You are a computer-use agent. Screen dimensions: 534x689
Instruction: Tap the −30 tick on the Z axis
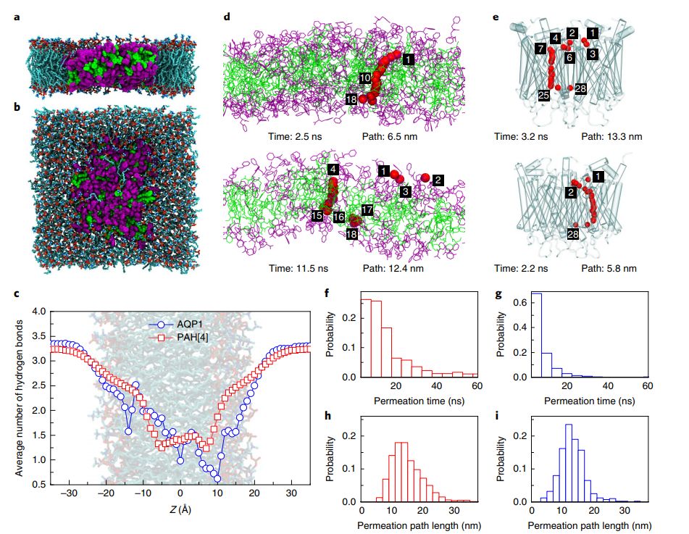(x=70, y=495)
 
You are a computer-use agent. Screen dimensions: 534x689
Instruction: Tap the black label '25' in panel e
(x=543, y=95)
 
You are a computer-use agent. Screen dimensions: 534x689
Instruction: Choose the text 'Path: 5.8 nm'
(x=609, y=268)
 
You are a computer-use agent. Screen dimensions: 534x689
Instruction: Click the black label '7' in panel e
(x=540, y=49)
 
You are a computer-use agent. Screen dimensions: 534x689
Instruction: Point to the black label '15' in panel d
(x=317, y=216)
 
